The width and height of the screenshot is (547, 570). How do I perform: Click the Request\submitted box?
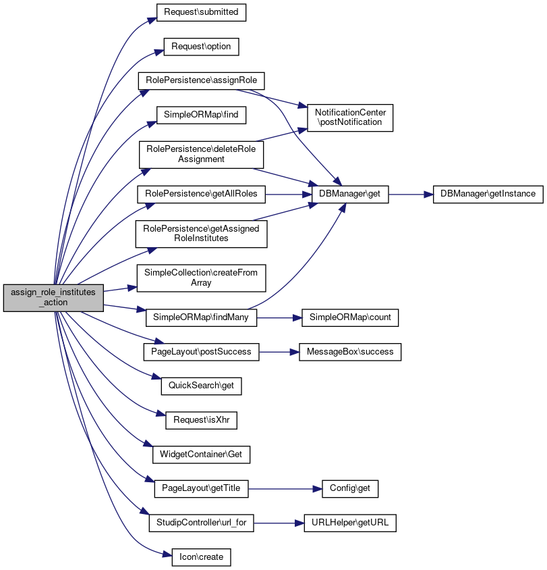(x=201, y=12)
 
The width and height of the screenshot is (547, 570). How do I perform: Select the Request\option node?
(x=201, y=47)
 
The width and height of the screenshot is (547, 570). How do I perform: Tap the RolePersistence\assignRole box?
(x=201, y=80)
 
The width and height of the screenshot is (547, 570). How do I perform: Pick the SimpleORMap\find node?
(x=201, y=115)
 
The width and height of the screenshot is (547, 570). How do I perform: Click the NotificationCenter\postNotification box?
(x=350, y=118)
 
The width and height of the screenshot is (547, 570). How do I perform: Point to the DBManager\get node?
(x=350, y=194)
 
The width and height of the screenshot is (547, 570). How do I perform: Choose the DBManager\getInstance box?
(x=488, y=194)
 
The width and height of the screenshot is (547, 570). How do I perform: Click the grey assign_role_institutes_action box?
(x=53, y=298)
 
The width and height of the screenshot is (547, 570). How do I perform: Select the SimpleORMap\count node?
(x=350, y=317)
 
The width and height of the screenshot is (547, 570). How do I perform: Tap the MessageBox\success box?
(x=350, y=352)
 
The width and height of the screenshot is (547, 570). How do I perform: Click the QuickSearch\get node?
(x=201, y=386)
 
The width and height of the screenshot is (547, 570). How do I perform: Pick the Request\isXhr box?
(x=201, y=420)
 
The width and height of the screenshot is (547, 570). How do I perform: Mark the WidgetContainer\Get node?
(x=201, y=455)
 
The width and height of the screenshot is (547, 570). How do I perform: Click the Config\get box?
(x=350, y=488)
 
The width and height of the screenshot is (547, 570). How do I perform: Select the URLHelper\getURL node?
(x=350, y=523)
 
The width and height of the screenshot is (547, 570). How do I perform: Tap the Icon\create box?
(x=201, y=557)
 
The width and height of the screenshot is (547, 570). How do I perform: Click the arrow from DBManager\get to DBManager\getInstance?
(x=411, y=195)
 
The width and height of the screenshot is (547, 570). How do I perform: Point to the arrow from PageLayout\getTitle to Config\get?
(x=285, y=489)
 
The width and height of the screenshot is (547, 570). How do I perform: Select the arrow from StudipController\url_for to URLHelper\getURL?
(x=279, y=523)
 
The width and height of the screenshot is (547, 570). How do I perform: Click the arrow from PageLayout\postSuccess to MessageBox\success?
(x=279, y=353)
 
